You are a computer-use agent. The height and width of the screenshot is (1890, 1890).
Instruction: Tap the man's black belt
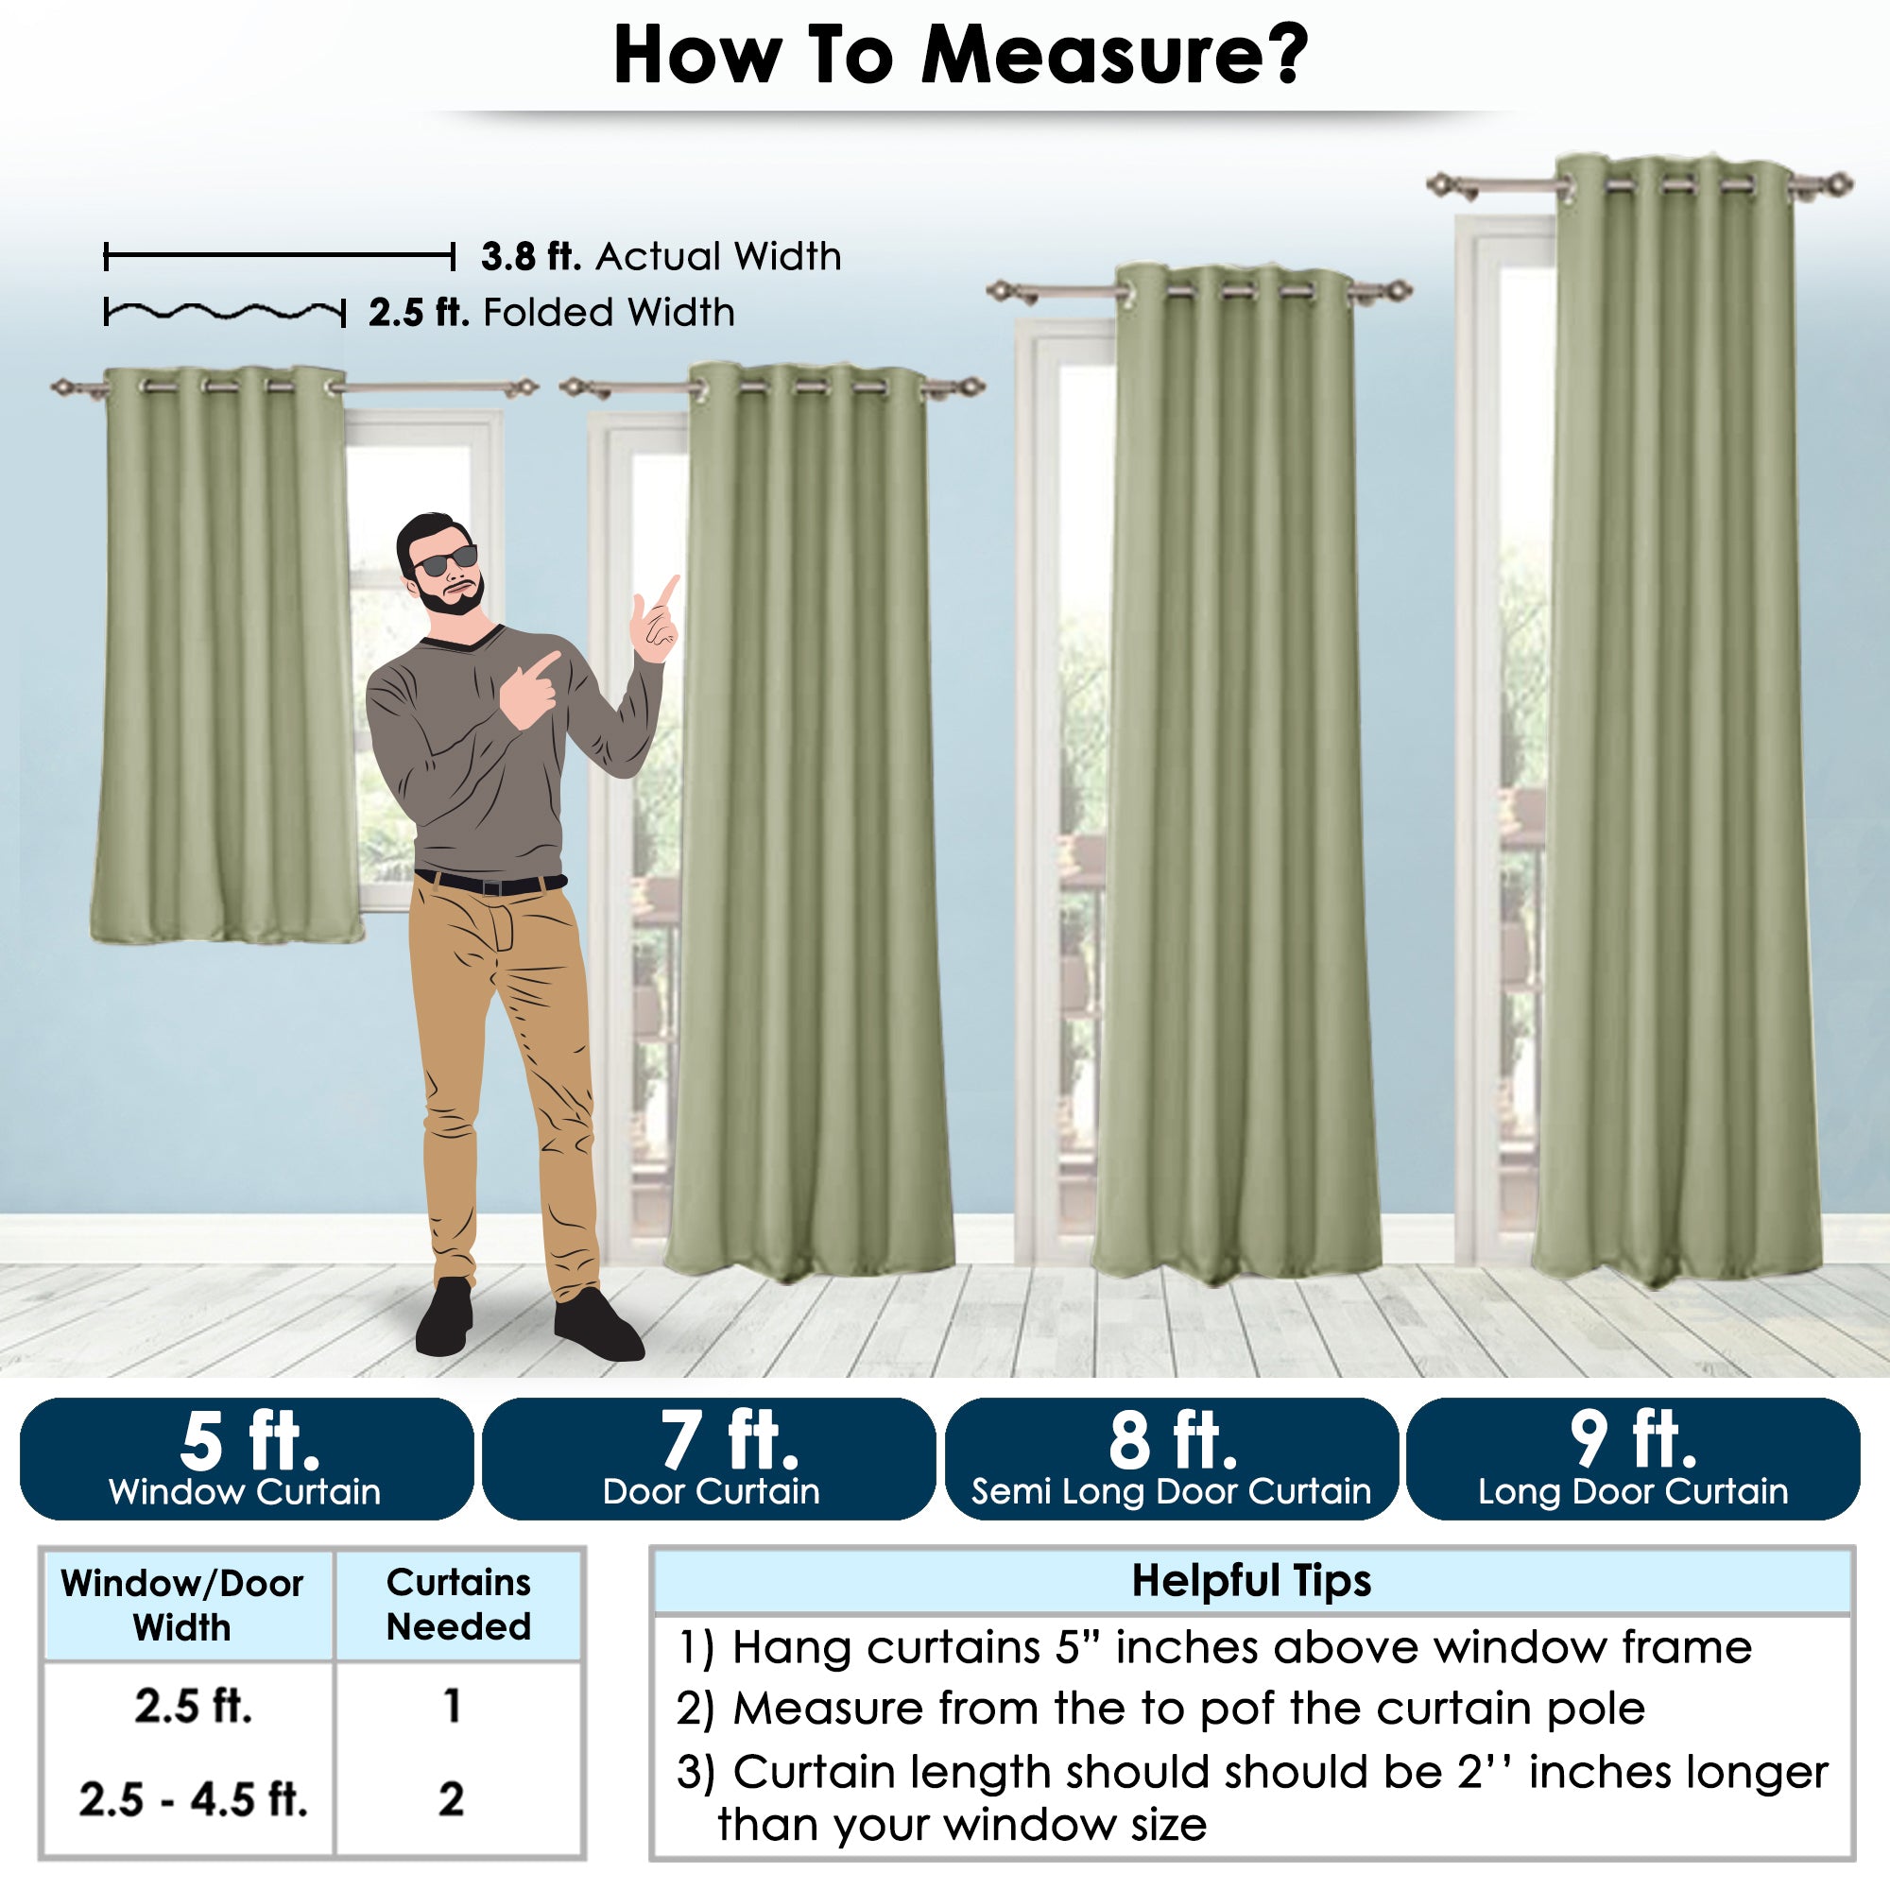point(490,884)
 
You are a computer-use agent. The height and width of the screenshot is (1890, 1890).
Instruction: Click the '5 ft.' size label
point(250,1441)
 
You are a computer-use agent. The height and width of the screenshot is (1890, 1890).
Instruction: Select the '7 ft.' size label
point(729,1441)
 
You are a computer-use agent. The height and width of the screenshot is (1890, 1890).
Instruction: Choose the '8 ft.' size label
point(1173,1441)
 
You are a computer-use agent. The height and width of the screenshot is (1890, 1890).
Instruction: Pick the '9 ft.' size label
point(1634,1441)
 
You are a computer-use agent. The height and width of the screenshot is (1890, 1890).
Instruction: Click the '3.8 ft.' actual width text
point(531,256)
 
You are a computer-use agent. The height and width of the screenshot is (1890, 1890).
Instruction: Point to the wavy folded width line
point(225,312)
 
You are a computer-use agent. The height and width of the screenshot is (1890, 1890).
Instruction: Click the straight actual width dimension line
point(280,257)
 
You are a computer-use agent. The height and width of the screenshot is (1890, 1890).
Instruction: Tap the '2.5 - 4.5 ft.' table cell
point(194,1798)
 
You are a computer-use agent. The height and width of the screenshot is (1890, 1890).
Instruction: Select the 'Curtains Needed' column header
point(459,1605)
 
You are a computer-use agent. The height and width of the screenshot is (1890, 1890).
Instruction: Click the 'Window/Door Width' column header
point(182,1606)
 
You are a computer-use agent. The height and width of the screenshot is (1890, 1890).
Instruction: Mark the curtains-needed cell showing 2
point(451,1798)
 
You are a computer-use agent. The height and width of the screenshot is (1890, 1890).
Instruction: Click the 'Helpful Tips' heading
point(1251,1580)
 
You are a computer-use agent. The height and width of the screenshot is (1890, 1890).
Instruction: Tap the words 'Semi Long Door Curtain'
point(1171,1492)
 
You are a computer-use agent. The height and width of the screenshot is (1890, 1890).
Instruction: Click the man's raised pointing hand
point(657,620)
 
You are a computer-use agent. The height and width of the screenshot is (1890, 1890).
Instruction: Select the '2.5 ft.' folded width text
point(419,313)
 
